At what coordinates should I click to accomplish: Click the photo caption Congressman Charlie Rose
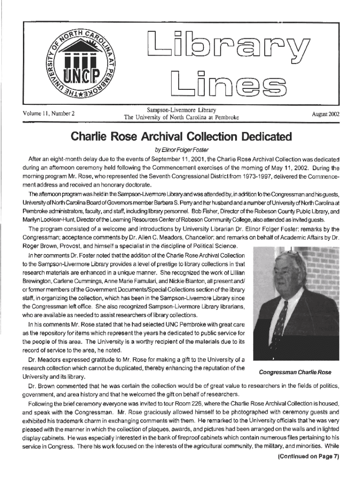(x=295, y=372)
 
